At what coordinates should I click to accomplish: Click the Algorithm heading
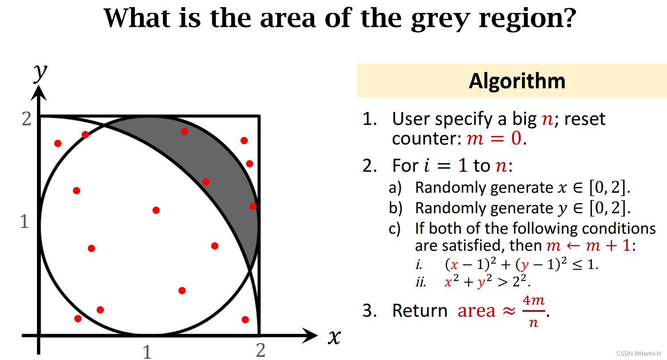click(517, 81)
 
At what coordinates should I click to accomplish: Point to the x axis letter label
click(334, 337)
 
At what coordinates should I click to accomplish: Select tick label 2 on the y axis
click(26, 119)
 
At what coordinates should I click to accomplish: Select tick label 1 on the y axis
click(25, 222)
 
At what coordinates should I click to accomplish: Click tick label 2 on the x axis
click(261, 350)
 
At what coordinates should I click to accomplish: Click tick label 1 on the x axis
click(147, 352)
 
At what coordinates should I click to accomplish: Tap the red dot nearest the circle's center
click(156, 210)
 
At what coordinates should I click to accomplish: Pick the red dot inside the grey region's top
click(184, 131)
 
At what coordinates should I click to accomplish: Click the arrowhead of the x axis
click(310, 335)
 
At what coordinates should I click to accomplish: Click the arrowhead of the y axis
click(39, 93)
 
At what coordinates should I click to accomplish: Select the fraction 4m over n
click(534, 311)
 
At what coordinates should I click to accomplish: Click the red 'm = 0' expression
click(494, 138)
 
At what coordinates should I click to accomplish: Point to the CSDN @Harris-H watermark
click(638, 353)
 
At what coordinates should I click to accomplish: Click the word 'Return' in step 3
click(420, 310)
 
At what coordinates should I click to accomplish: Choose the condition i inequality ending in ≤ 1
click(522, 264)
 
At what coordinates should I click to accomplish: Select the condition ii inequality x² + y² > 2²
click(488, 281)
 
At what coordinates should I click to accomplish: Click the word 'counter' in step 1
click(427, 139)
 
